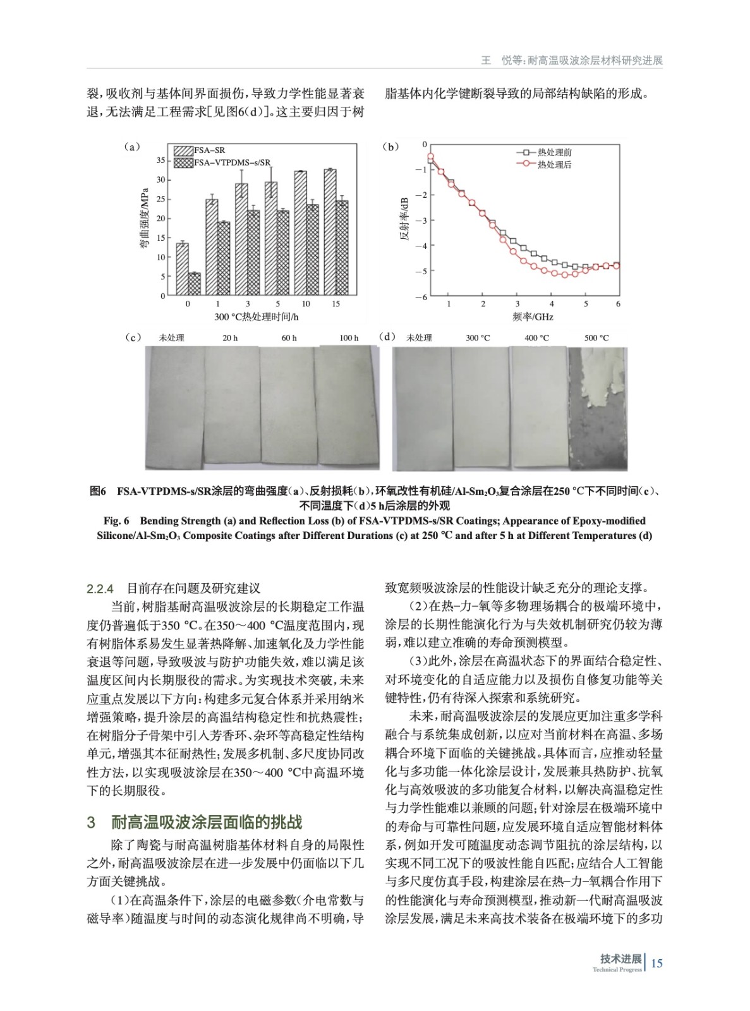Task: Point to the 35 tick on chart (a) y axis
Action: point(160,160)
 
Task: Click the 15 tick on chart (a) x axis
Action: point(336,304)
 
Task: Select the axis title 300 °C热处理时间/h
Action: point(256,317)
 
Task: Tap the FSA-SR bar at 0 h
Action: point(182,269)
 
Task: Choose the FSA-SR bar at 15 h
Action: point(330,232)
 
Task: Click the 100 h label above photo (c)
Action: point(349,338)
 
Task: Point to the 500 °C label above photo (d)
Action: point(596,338)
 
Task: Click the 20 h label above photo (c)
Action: point(230,338)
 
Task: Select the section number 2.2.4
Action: point(100,589)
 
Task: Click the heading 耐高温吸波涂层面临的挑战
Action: point(207,822)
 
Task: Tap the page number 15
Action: point(656,963)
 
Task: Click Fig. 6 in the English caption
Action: point(117,521)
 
